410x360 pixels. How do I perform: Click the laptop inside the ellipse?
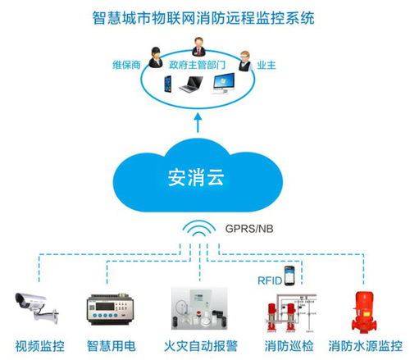pyautogui.click(x=194, y=84)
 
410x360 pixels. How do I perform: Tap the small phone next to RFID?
pyautogui.click(x=288, y=274)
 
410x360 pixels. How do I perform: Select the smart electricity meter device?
pyautogui.click(x=108, y=311)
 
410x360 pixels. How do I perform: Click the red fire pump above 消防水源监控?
pyautogui.click(x=360, y=311)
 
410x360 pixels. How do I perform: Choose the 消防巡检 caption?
pyautogui.click(x=286, y=344)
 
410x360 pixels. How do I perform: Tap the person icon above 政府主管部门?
pyautogui.click(x=197, y=45)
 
